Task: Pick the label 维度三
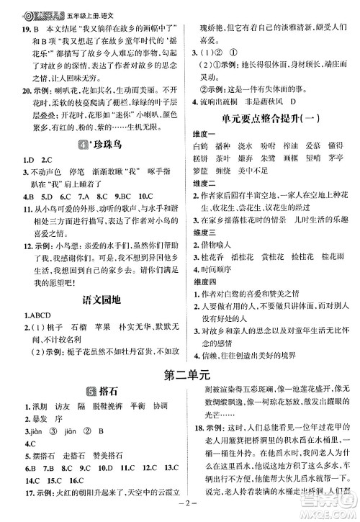207,252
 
